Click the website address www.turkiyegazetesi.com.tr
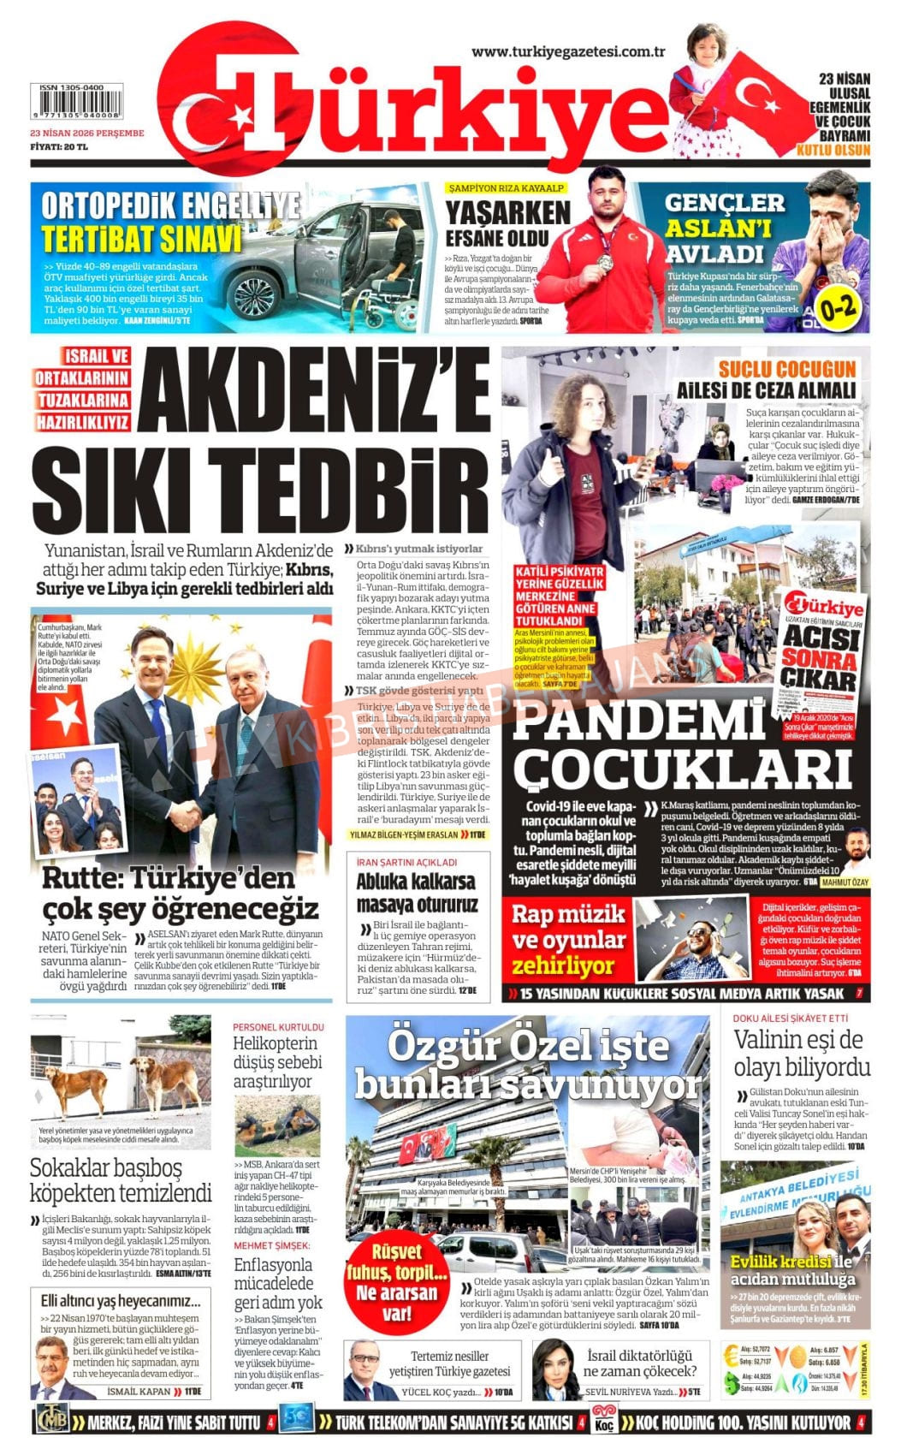pyautogui.click(x=568, y=52)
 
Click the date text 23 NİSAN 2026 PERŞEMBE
pyautogui.click(x=86, y=134)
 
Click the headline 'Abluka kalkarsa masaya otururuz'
pyautogui.click(x=417, y=893)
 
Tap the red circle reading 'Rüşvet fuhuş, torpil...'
pyautogui.click(x=396, y=1281)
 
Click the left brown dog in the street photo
pyautogui.click(x=77, y=1084)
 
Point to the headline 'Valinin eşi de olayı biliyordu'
pyautogui.click(x=801, y=1054)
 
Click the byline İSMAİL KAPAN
pyautogui.click(x=139, y=1392)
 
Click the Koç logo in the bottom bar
pyautogui.click(x=603, y=1422)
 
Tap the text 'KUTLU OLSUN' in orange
pyautogui.click(x=833, y=151)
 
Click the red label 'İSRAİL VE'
pyautogui.click(x=97, y=356)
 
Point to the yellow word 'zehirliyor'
pyautogui.click(x=563, y=966)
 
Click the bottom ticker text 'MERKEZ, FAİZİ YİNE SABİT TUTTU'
pyautogui.click(x=174, y=1422)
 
